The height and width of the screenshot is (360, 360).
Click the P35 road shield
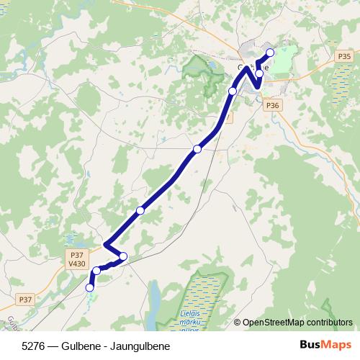click(x=343, y=56)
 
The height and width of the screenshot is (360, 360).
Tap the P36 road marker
click(x=271, y=105)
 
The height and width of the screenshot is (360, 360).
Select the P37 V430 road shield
click(x=76, y=259)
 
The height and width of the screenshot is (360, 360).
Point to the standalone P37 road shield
click(x=25, y=299)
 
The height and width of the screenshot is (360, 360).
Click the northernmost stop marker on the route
click(x=270, y=53)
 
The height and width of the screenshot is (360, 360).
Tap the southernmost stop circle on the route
click(x=90, y=287)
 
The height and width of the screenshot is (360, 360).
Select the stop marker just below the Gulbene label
click(x=259, y=73)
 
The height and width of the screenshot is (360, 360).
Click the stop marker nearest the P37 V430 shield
click(x=96, y=271)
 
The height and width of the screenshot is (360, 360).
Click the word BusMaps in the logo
click(x=323, y=345)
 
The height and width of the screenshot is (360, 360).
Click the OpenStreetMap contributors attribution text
click(x=297, y=323)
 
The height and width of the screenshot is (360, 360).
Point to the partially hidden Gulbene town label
click(x=252, y=66)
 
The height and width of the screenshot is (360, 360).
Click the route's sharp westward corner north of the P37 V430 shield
click(x=106, y=246)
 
